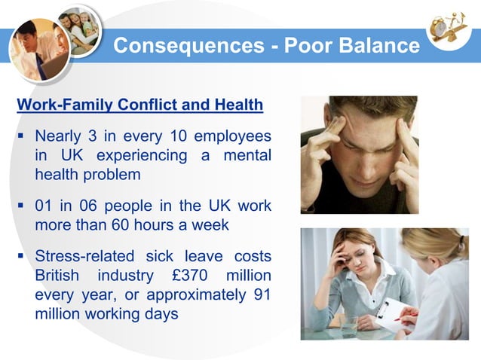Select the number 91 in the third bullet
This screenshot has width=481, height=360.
pos(259,294)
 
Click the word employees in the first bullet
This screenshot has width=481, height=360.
pos(232,136)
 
